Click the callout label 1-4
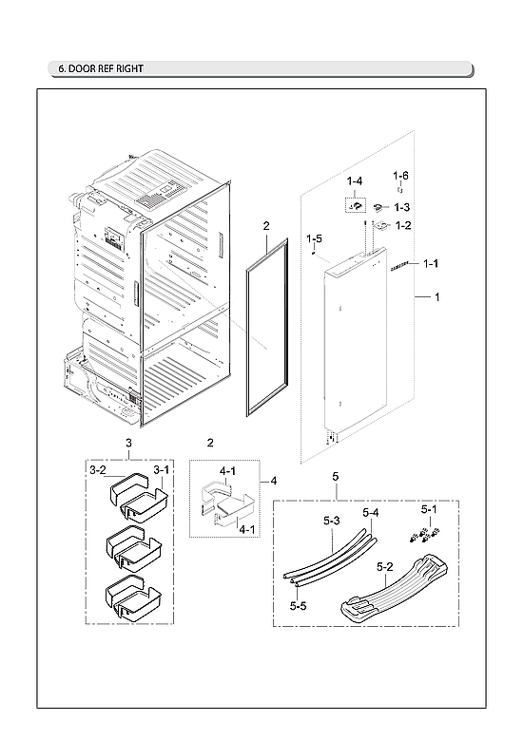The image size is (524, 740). pyautogui.click(x=354, y=180)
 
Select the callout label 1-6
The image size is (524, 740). pyautogui.click(x=401, y=176)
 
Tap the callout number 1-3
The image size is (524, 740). pyautogui.click(x=402, y=207)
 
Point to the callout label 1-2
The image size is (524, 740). pyautogui.click(x=403, y=225)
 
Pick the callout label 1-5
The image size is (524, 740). pyautogui.click(x=314, y=237)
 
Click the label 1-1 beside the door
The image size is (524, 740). pyautogui.click(x=430, y=263)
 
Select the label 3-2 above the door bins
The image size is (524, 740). pyautogui.click(x=98, y=469)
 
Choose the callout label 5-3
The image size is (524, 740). pyautogui.click(x=331, y=521)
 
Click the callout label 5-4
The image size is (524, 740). pyautogui.click(x=370, y=513)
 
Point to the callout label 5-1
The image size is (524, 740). pyautogui.click(x=430, y=509)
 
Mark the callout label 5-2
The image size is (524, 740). pyautogui.click(x=386, y=566)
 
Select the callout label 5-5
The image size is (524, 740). pyautogui.click(x=298, y=605)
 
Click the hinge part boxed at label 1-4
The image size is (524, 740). pyautogui.click(x=354, y=203)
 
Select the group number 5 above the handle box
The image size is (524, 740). pyautogui.click(x=335, y=474)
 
